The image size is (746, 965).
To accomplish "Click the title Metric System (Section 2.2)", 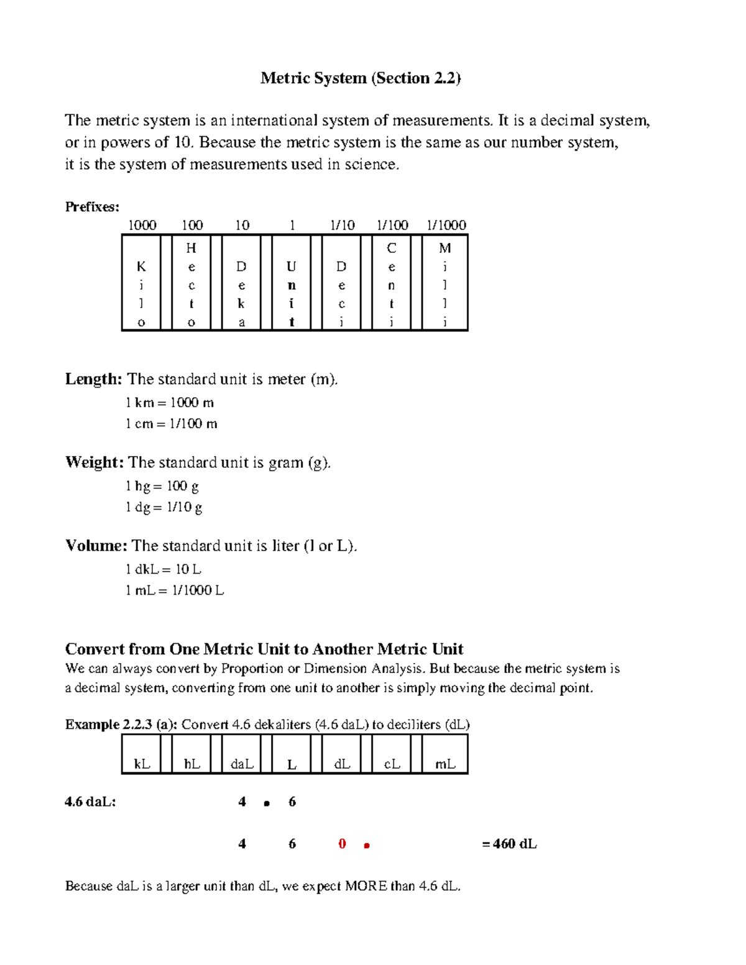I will point(361,78).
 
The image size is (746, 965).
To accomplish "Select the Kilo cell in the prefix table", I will point(141,283).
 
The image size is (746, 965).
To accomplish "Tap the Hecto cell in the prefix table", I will point(191,283).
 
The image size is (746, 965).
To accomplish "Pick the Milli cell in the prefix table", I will point(444,283).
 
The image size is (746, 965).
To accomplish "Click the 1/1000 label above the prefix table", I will point(446,225).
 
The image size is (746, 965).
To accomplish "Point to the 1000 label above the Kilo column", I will point(142,225).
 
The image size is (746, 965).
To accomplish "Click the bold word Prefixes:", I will point(92,207).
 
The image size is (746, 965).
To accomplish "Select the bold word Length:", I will point(94,379).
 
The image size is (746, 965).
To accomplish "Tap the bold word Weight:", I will point(94,462).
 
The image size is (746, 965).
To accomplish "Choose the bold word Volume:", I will point(96,546).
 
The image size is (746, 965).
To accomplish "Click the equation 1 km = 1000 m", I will point(170,403).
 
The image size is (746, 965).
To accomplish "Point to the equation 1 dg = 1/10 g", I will point(164,507).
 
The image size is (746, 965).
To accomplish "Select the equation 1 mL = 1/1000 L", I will point(175,590).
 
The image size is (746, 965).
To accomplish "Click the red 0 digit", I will point(342,844).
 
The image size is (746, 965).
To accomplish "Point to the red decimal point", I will point(367,846).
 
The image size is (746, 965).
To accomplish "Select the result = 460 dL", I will point(509,844).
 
